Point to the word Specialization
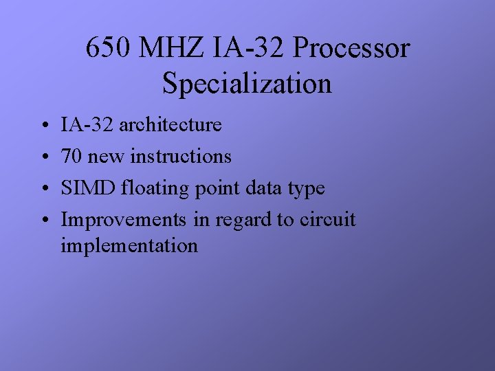coord(247,84)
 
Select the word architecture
coord(170,125)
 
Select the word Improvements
coord(123,220)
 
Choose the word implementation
coord(129,246)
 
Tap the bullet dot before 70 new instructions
coord(43,157)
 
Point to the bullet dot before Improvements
coord(43,221)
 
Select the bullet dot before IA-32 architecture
coord(43,126)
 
